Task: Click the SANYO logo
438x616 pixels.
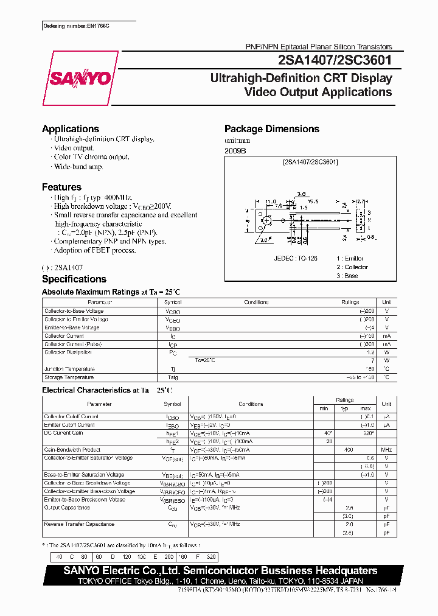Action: point(80,79)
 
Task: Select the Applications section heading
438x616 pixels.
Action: point(71,129)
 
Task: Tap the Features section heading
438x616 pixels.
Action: point(61,187)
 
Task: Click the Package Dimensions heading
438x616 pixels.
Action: point(272,129)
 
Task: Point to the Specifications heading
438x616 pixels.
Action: point(74,279)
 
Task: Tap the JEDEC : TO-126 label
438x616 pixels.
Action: point(296,258)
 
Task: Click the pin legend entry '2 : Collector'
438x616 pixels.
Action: point(352,267)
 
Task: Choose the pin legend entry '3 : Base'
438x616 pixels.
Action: point(347,276)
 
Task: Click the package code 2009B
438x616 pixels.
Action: point(235,150)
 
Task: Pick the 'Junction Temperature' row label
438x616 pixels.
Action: point(69,369)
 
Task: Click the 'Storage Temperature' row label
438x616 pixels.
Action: point(69,377)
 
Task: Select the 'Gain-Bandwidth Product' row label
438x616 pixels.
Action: point(71,449)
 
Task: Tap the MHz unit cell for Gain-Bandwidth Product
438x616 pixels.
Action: point(386,449)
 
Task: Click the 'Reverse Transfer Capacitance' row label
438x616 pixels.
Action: point(79,524)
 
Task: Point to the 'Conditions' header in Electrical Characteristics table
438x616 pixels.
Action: point(251,404)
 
